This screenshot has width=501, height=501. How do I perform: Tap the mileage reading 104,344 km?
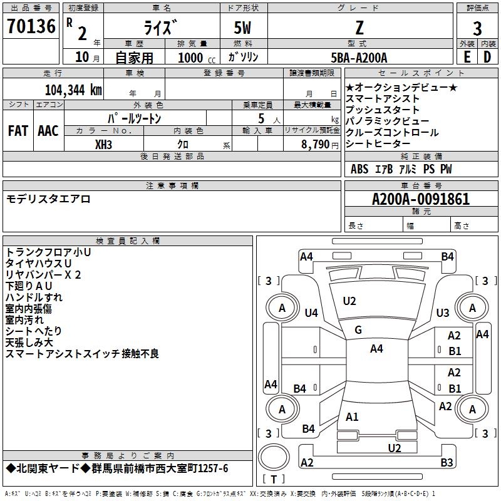click(x=73, y=89)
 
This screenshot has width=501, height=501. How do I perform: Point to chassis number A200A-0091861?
click(x=420, y=200)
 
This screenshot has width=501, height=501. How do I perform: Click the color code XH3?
click(x=104, y=144)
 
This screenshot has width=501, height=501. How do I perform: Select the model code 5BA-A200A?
click(x=359, y=58)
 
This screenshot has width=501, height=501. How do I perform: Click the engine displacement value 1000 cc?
click(x=196, y=58)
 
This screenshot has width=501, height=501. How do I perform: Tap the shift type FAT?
click(x=18, y=131)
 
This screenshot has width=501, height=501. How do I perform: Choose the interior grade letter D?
click(x=487, y=57)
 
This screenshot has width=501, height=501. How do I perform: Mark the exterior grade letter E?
click(x=467, y=57)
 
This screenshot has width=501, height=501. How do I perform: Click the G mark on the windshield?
click(x=358, y=330)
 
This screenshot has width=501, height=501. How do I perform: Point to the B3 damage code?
click(x=447, y=462)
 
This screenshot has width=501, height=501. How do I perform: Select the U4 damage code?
click(x=311, y=312)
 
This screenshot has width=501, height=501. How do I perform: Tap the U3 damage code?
click(x=443, y=312)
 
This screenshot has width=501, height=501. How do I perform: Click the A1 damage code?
click(x=352, y=416)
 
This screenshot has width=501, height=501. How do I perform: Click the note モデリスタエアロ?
click(x=48, y=199)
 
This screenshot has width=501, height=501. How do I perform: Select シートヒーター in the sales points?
click(x=383, y=144)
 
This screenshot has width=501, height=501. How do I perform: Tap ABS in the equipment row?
click(x=359, y=169)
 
